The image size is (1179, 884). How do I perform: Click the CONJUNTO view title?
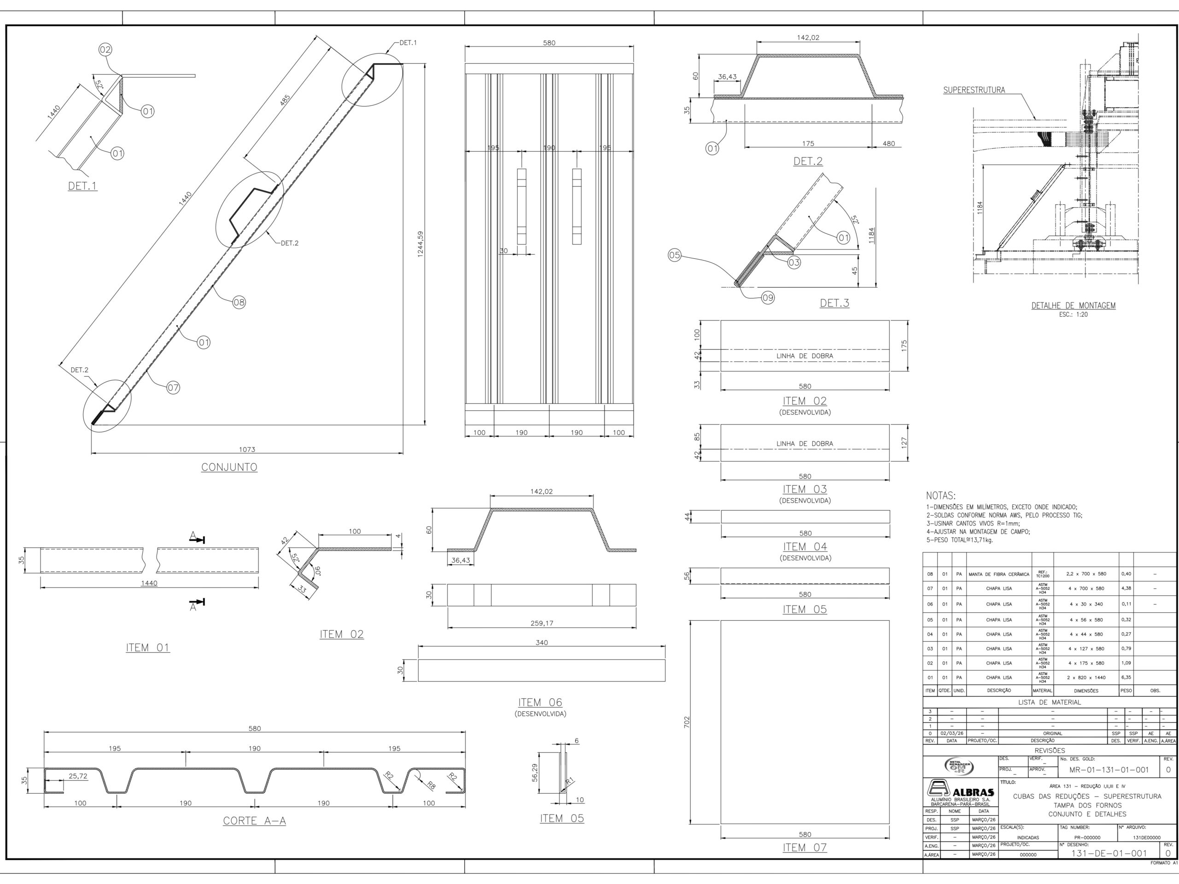click(229, 467)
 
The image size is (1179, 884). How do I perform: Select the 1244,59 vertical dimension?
click(420, 244)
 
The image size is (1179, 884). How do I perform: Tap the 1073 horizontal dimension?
click(247, 449)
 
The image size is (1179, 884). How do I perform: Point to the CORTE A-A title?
click(254, 821)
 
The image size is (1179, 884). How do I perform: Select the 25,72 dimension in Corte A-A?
click(78, 776)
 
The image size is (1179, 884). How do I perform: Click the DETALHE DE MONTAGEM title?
click(1073, 306)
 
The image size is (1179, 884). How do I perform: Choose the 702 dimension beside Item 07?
click(687, 722)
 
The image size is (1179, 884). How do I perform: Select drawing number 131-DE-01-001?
click(1109, 853)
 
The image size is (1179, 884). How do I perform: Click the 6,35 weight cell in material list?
click(1126, 678)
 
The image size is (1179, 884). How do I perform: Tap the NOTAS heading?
click(941, 496)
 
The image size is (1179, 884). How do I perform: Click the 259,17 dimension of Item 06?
click(542, 623)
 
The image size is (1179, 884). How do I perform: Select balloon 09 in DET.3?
click(768, 298)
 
